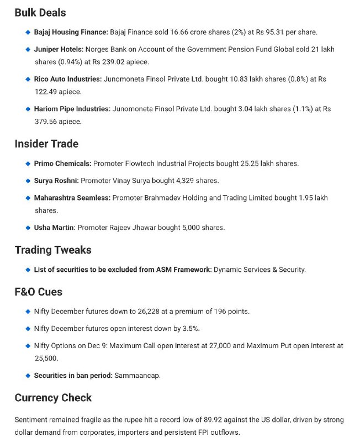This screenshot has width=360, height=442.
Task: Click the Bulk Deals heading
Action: point(40,12)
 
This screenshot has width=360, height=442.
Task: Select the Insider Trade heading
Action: point(46,144)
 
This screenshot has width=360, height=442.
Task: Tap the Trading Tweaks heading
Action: point(53,250)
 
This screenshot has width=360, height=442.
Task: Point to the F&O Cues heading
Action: point(39,292)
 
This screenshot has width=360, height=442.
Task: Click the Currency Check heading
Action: point(53,398)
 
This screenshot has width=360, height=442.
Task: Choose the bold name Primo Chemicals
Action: point(62,164)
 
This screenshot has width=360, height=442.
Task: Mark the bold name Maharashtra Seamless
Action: point(72,197)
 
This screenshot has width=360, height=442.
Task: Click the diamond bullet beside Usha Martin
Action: point(28,227)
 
